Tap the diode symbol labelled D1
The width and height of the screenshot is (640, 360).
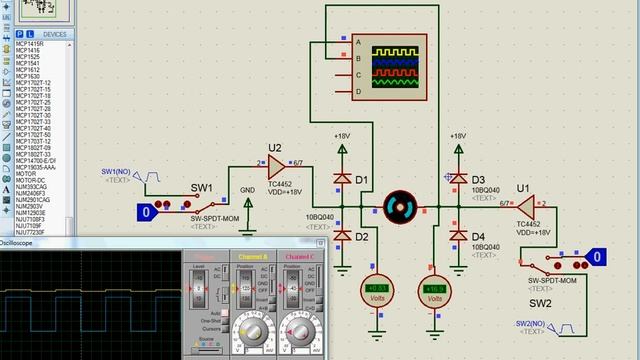tap(343, 179)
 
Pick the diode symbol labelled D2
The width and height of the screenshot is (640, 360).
tap(343, 235)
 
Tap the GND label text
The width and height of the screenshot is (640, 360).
tap(248, 190)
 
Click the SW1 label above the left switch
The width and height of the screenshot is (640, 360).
tap(203, 188)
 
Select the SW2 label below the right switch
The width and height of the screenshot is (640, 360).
tap(540, 303)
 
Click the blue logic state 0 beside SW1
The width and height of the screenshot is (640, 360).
tap(147, 211)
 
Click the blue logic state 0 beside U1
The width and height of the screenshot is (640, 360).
tap(597, 258)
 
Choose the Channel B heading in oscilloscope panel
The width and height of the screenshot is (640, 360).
tap(252, 257)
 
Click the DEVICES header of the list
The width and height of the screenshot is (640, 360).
tap(54, 34)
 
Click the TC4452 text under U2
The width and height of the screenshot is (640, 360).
tap(284, 184)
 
